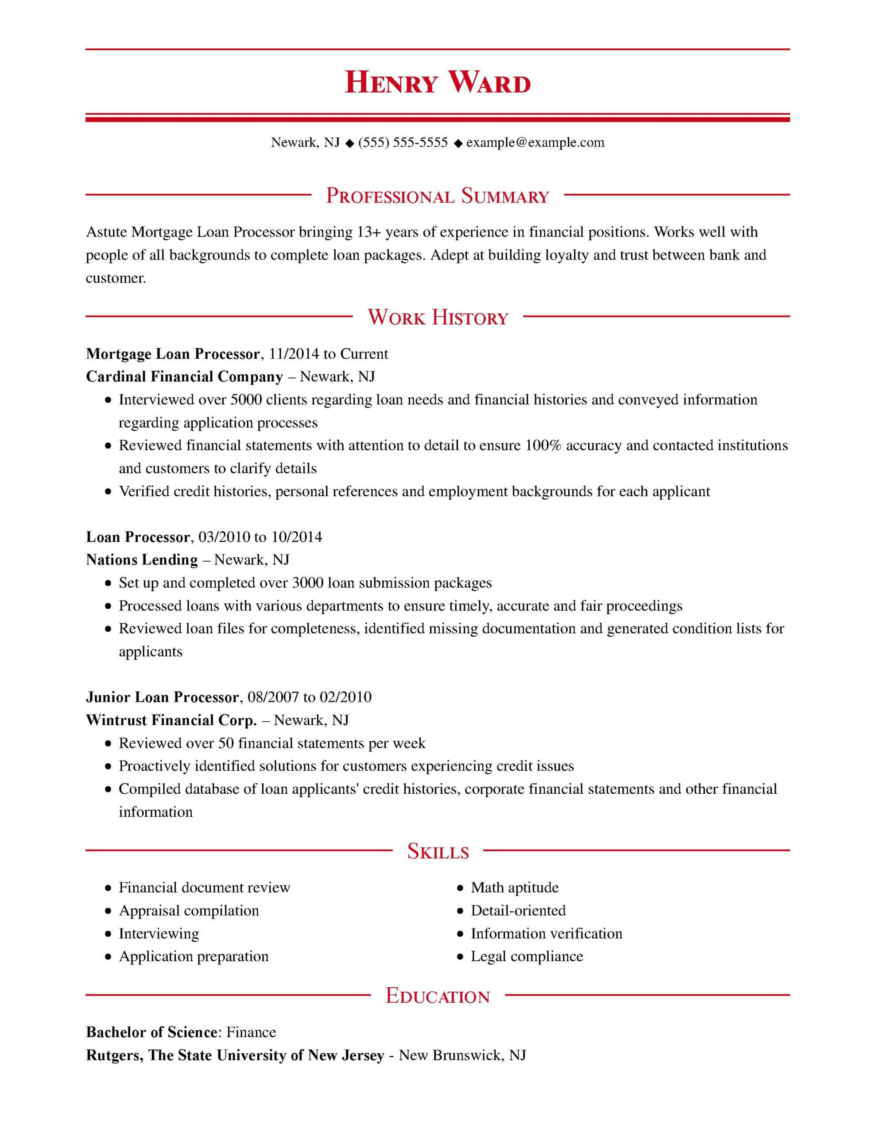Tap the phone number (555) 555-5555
point(403,142)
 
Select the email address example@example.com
point(535,142)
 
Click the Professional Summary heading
point(437,196)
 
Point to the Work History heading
point(437,317)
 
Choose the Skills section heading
point(438,851)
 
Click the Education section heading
point(437,996)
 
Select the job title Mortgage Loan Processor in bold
point(172,354)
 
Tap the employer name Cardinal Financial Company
point(184,377)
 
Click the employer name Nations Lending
point(142,560)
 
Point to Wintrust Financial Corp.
point(171,720)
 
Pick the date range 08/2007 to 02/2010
point(310,697)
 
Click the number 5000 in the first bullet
point(246,400)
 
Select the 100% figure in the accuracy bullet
point(543,446)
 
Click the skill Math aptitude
point(515,887)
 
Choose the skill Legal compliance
point(527,956)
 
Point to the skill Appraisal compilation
point(189,910)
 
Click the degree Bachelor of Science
point(151,1032)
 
